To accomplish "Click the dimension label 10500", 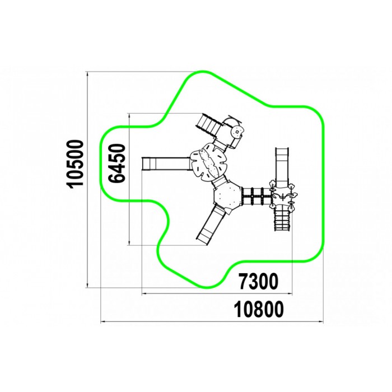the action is (x=76, y=164).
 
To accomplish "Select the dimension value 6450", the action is (x=116, y=163).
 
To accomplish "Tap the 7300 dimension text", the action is (x=258, y=281).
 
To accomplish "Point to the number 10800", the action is (x=259, y=309).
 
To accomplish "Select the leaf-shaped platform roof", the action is (x=208, y=162).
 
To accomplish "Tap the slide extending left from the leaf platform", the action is (x=166, y=164).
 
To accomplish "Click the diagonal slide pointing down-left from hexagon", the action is (x=209, y=223).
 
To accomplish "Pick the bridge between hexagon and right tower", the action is (x=256, y=196).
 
